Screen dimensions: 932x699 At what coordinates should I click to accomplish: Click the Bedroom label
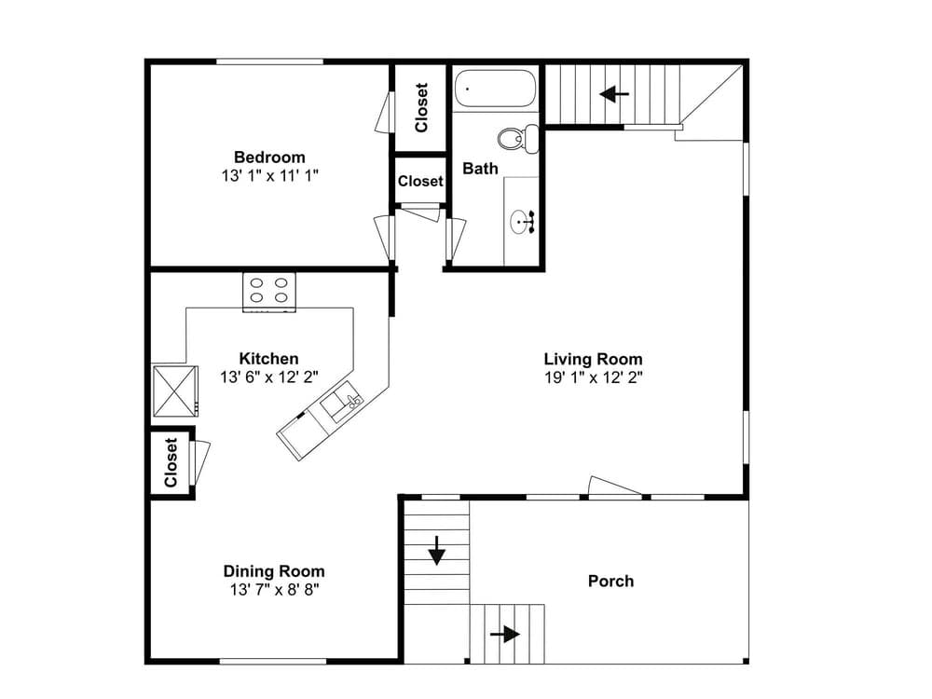click(269, 158)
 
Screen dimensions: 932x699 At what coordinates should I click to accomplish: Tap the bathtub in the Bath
click(496, 89)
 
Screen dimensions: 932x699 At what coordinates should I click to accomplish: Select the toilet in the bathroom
click(518, 139)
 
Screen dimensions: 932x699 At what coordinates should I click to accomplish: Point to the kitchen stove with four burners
click(268, 292)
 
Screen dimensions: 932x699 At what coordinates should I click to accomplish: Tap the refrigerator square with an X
click(175, 391)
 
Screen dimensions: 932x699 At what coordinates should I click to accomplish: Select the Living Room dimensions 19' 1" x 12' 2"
click(593, 377)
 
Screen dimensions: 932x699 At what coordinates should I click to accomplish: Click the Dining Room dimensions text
click(275, 590)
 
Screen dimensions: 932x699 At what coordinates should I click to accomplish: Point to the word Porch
click(610, 581)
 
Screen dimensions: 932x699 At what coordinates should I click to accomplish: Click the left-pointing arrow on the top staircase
click(614, 94)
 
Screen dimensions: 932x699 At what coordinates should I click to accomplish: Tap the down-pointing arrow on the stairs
click(437, 550)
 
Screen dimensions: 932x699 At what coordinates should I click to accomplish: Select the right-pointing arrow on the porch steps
click(504, 634)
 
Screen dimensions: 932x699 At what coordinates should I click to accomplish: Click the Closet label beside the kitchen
click(171, 462)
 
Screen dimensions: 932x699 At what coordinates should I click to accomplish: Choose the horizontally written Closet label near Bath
click(420, 181)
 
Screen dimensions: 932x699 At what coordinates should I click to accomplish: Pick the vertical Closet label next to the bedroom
click(421, 107)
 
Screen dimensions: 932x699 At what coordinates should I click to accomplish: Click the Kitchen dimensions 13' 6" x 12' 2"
click(268, 377)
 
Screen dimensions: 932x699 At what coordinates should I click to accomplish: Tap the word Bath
click(480, 168)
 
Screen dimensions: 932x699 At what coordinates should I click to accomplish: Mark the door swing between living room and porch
click(614, 486)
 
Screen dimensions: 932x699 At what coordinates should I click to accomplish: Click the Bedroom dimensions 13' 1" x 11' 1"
click(270, 176)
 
